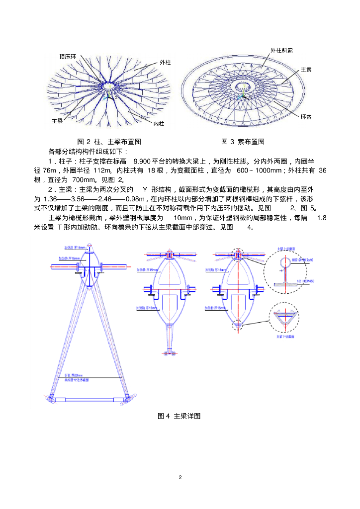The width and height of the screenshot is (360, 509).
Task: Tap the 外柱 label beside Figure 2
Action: point(165,63)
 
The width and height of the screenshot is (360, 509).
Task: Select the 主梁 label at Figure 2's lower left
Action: point(57,121)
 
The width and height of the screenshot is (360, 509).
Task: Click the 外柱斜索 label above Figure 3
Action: point(281,51)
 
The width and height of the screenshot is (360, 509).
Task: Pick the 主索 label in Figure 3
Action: point(306,70)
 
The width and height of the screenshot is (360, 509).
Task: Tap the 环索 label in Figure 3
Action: point(306,117)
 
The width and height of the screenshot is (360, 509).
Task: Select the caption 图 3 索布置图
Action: point(242,142)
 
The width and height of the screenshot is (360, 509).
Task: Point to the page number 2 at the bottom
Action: point(180,477)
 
